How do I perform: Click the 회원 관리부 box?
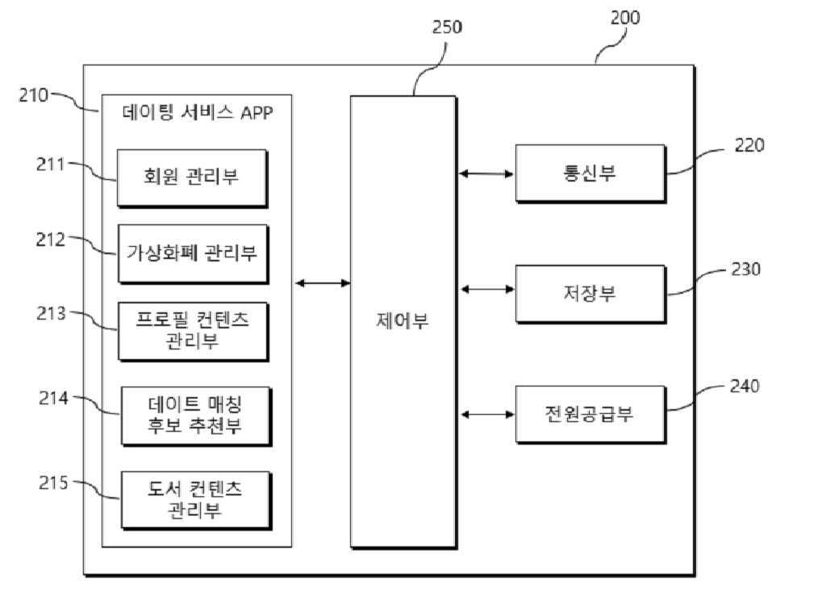[192, 178]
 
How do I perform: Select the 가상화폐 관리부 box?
[192, 253]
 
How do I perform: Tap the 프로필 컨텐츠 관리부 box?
[192, 331]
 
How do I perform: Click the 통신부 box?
[590, 173]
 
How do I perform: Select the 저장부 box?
[590, 294]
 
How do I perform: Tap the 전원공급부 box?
[590, 414]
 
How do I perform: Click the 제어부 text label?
[403, 321]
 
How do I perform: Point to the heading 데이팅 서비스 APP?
[198, 112]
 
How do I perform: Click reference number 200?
[624, 18]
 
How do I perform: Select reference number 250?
[447, 27]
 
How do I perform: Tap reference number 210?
[34, 94]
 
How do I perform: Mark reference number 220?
[749, 145]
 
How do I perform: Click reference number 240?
[744, 387]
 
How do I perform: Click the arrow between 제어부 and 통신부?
[486, 173]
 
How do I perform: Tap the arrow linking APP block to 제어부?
[322, 282]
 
